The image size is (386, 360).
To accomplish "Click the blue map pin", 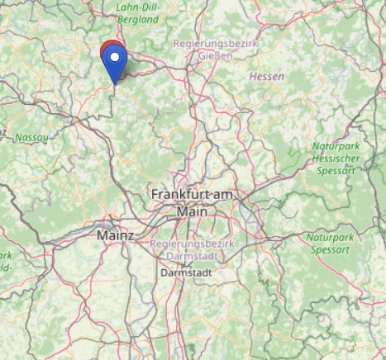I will [117, 63].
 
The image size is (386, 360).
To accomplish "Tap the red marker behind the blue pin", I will [108, 50].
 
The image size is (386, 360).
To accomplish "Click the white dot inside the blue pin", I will [117, 59].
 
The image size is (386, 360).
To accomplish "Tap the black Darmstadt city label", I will [181, 272].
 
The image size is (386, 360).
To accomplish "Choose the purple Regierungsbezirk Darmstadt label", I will [193, 250].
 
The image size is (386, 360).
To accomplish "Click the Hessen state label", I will [266, 77].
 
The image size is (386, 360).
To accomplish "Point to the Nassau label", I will [32, 135].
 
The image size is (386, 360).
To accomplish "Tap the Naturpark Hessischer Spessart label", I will [338, 159].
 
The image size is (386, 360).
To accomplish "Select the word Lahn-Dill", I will [137, 6].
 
